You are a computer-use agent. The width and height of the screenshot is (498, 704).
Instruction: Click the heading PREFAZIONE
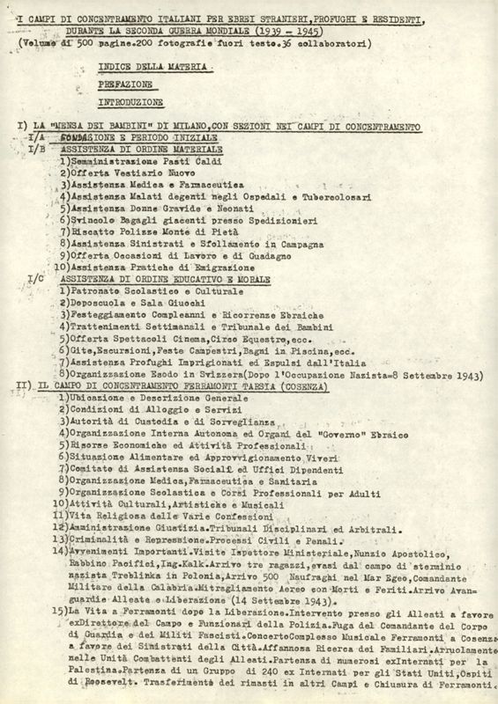pos(120,85)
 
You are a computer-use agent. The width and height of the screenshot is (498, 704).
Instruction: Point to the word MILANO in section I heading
pos(185,128)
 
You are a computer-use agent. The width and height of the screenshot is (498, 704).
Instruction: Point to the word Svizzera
pos(212,372)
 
